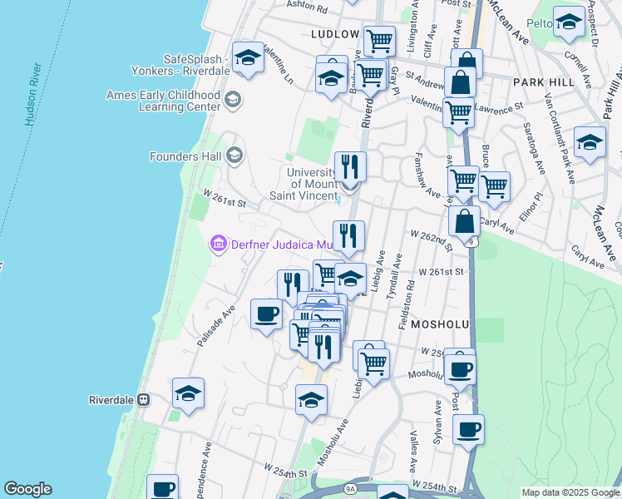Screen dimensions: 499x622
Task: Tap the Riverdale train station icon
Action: (144, 399)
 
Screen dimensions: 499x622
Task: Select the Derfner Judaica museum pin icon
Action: (218, 243)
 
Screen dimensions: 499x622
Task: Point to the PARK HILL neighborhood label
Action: (543, 82)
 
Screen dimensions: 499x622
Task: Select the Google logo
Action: (27, 489)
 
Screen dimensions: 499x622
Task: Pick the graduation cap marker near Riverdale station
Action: (189, 393)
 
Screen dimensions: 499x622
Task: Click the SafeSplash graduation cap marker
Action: (248, 58)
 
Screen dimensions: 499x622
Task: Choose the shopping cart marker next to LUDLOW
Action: (379, 39)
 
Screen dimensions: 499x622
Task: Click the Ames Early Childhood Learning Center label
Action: (163, 101)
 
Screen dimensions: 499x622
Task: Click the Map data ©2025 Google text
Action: (570, 492)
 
